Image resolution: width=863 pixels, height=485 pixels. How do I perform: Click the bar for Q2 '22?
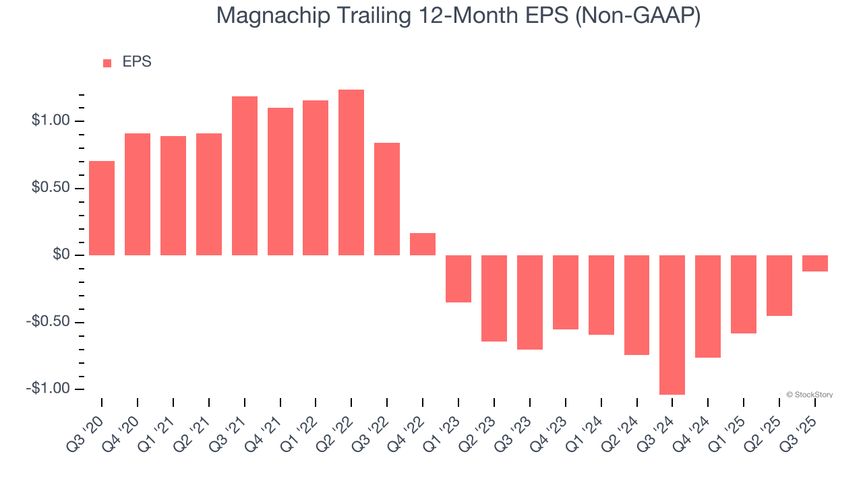click(x=351, y=172)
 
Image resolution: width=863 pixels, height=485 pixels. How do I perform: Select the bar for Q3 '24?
click(x=672, y=325)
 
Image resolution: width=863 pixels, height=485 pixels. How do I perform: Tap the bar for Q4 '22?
click(x=423, y=244)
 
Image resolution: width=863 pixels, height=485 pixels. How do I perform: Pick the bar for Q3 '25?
click(x=815, y=263)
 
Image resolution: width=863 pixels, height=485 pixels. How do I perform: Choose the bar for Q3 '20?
click(x=102, y=208)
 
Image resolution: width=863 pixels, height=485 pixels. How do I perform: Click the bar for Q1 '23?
click(x=458, y=278)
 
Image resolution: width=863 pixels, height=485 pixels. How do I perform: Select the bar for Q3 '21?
click(x=245, y=176)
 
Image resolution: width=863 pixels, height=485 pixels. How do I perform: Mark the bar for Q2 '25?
click(x=779, y=285)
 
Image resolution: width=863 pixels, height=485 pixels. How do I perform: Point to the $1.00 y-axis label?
click(x=51, y=121)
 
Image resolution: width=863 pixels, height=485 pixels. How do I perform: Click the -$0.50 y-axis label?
click(x=49, y=322)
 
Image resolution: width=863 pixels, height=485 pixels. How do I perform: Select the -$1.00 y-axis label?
click(x=49, y=389)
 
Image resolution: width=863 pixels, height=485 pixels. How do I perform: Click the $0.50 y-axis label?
click(x=51, y=188)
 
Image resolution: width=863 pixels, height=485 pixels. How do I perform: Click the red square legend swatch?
click(x=107, y=63)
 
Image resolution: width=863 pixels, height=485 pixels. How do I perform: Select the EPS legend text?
click(x=137, y=62)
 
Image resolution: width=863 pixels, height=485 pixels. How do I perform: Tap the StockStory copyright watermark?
click(x=809, y=395)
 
